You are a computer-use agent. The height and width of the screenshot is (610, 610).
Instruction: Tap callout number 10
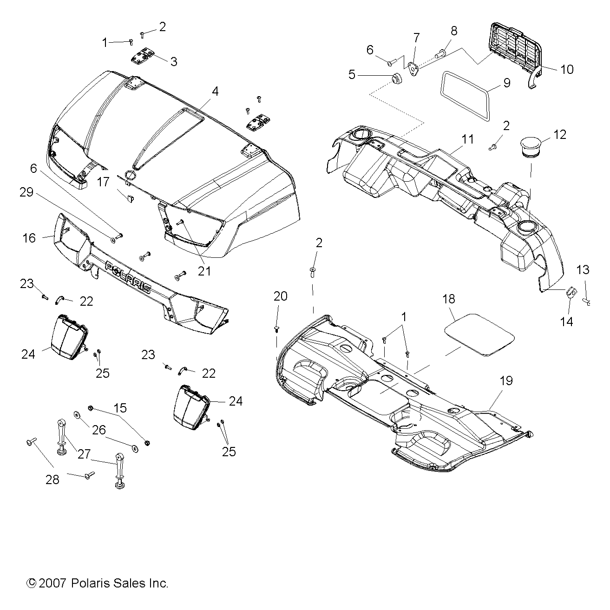pos(567,70)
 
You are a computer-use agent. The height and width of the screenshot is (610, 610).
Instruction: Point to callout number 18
pos(449,298)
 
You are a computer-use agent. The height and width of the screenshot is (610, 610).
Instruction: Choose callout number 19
pos(506,381)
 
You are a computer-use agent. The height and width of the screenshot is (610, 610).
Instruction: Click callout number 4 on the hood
pos(215,91)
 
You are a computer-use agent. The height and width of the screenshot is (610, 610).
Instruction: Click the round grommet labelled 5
pos(397,81)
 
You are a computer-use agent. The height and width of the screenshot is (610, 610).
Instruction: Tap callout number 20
pos(280,296)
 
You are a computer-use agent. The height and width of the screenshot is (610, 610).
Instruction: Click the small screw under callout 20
pos(277,329)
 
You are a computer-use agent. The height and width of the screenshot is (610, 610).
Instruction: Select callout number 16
pos(29,238)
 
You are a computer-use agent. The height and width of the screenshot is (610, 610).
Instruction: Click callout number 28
pos(52,479)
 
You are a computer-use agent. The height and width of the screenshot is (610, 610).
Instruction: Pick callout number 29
pos(26,192)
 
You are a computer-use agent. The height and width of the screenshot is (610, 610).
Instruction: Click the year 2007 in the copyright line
pos(53,583)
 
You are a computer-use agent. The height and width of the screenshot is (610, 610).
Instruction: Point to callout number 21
pos(204,270)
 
